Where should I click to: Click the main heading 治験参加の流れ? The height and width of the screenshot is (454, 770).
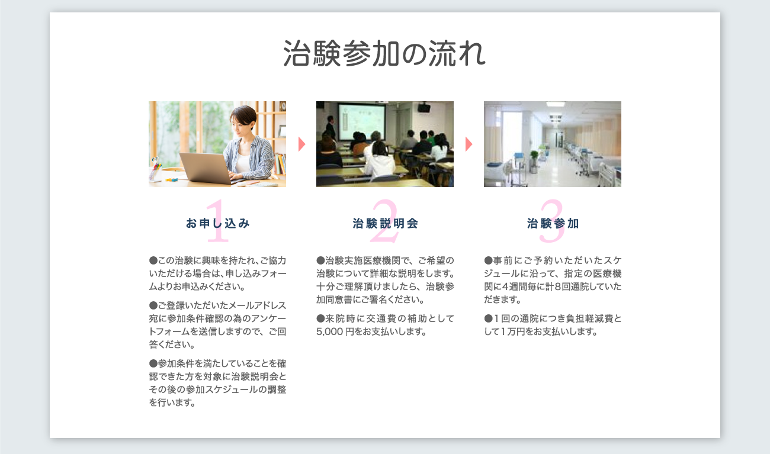tap(384, 53)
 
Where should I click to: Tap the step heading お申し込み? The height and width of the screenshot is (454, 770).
tap(217, 223)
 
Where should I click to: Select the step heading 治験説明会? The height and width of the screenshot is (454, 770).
tap(385, 223)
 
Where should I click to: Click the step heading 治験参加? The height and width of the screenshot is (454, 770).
tap(553, 223)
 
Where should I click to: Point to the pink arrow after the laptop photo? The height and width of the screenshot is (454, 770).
tap(301, 144)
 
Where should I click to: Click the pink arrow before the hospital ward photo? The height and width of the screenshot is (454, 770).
tap(469, 144)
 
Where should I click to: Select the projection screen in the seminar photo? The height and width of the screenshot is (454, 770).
tap(362, 121)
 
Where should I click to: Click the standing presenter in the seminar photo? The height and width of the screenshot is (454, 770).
tap(330, 127)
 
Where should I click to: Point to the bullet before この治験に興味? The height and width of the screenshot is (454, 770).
tap(153, 260)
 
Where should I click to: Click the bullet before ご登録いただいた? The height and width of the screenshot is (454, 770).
tap(153, 305)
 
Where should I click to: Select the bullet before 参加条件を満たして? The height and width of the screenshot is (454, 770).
tap(153, 363)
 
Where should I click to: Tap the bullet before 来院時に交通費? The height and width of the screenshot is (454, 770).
tap(320, 318)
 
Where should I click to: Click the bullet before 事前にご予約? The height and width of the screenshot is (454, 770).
tap(488, 260)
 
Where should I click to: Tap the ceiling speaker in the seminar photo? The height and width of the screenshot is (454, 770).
tap(424, 108)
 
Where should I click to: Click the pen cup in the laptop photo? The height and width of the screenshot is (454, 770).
tap(155, 171)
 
